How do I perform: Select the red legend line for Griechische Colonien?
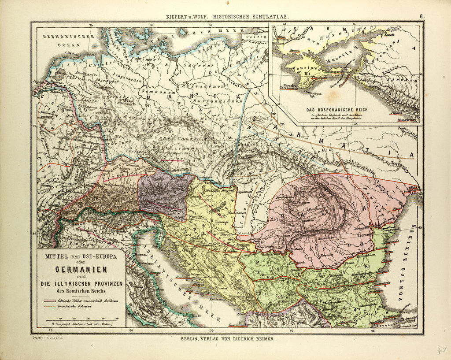(50, 306)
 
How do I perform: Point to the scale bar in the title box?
(81, 319)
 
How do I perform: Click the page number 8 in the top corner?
(421, 16)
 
